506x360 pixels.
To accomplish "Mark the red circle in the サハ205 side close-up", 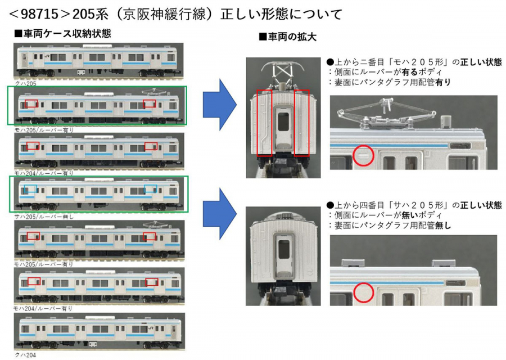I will click(364, 292).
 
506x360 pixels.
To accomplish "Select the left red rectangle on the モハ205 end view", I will click(264, 122).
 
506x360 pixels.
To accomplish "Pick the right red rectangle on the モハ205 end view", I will click(301, 122).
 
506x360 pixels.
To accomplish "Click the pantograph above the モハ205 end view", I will click(283, 71).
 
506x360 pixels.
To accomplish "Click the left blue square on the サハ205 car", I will click(31, 188).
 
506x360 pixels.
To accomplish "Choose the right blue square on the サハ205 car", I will click(150, 188).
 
